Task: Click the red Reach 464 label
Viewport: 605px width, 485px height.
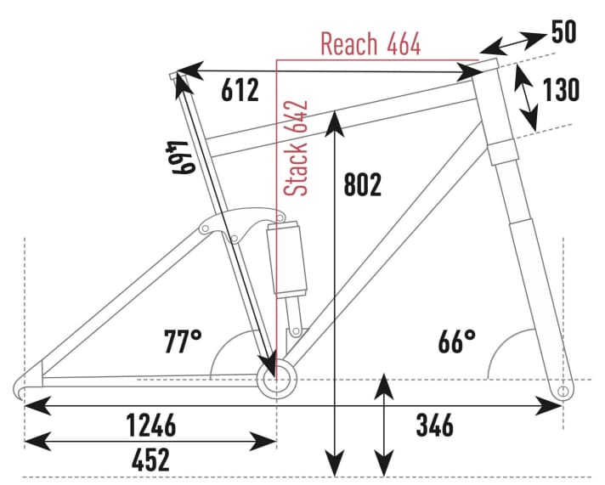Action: pos(370,44)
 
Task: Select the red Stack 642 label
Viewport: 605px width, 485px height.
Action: pos(297,149)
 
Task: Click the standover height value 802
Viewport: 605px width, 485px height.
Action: pos(364,184)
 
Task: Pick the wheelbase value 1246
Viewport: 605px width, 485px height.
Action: pos(151,424)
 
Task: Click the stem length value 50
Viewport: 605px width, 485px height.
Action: pos(563,32)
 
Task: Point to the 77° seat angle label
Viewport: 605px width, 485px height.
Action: pos(183,342)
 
